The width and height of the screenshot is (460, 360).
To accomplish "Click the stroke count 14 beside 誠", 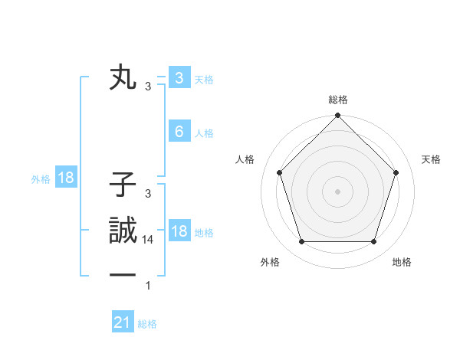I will tap(148, 240).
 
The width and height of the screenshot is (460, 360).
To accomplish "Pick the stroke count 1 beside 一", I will tap(148, 286).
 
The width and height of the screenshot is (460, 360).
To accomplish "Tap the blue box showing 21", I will tap(123, 322).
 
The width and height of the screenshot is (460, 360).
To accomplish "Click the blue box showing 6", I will tap(179, 132).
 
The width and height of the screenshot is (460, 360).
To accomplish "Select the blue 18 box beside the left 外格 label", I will tap(66, 178).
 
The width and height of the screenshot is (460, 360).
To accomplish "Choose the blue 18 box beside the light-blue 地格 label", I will tap(179, 231).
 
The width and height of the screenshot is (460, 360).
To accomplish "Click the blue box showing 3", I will tap(179, 78).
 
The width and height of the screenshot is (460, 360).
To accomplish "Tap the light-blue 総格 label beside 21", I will tap(147, 324).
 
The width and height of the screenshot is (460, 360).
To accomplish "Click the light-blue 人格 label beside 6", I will tap(204, 133).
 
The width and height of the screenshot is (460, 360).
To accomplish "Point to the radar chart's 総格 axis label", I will tap(338, 100).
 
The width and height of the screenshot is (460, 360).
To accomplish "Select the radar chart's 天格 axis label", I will tap(431, 159).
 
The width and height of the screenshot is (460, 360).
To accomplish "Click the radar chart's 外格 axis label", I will tap(270, 263).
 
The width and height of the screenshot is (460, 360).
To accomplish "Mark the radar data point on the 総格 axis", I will tap(337, 117).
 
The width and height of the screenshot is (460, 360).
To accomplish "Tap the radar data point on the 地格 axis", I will tap(373, 242).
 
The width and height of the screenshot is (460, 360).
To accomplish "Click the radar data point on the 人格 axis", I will tap(279, 172).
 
